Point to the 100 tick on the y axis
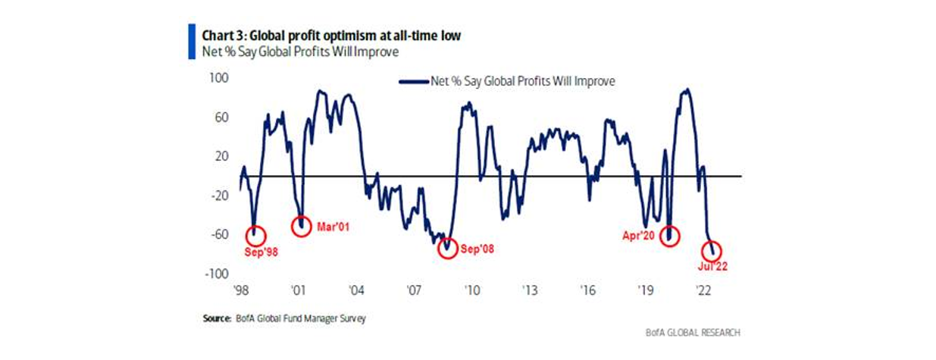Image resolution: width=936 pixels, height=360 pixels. (x=221, y=79)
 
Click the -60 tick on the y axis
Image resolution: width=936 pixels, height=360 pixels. (x=220, y=234)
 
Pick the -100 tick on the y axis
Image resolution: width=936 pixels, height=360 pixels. (x=218, y=273)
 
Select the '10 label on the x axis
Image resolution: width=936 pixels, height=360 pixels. (x=471, y=290)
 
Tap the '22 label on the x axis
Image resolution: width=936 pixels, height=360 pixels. (x=703, y=290)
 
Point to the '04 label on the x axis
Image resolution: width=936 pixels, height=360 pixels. (x=355, y=290)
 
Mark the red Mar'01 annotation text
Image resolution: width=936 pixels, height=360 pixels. (x=332, y=226)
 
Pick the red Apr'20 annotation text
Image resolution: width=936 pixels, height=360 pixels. (x=638, y=236)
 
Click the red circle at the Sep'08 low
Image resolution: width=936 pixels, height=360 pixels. (x=448, y=248)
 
